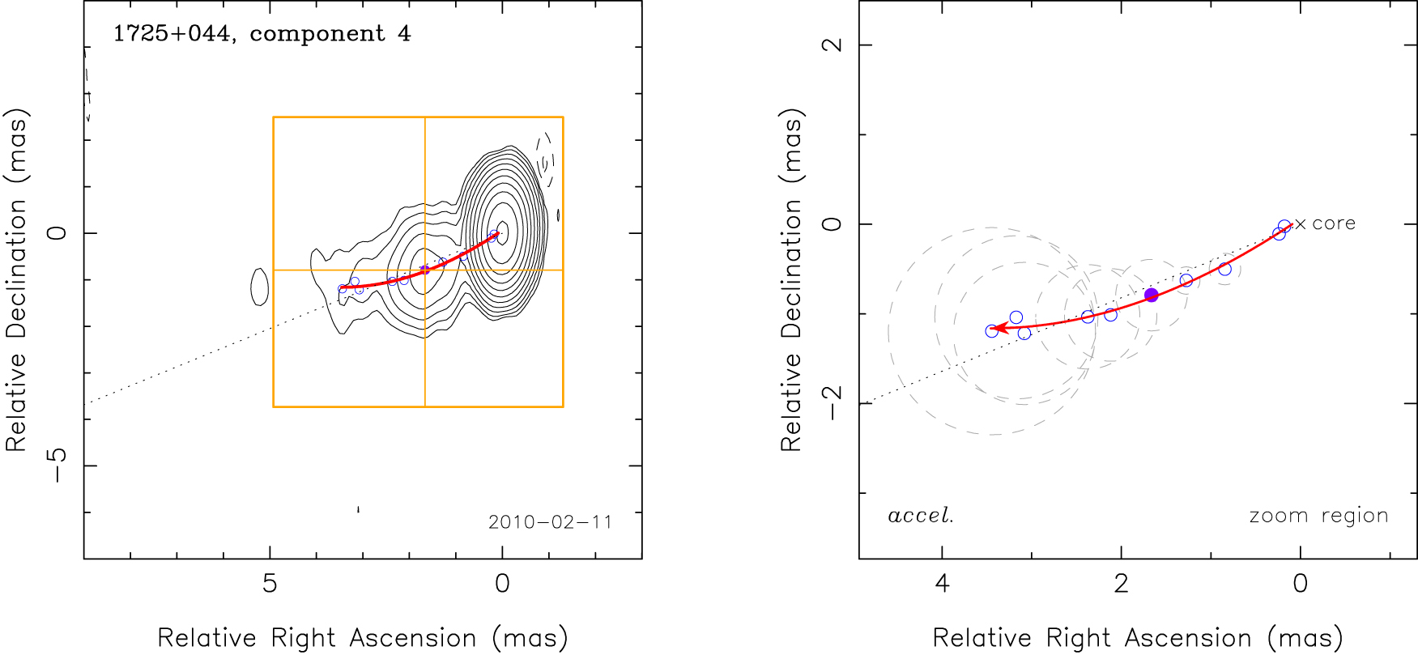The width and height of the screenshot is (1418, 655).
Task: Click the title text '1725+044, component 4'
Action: pyautogui.click(x=262, y=34)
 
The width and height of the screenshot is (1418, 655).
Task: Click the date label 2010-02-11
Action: pyautogui.click(x=550, y=522)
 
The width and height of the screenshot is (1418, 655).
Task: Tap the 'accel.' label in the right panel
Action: pyautogui.click(x=921, y=516)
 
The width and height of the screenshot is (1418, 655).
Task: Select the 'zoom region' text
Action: pyautogui.click(x=1318, y=516)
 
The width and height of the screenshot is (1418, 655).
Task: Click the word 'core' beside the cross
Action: pyautogui.click(x=1334, y=223)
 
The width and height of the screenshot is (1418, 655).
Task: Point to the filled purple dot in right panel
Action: pyautogui.click(x=1151, y=296)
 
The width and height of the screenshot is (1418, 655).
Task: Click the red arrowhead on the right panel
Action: pyautogui.click(x=999, y=328)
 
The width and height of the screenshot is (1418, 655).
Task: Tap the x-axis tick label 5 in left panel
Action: pyautogui.click(x=270, y=584)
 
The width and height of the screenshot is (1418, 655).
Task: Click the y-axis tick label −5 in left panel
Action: pyautogui.click(x=57, y=466)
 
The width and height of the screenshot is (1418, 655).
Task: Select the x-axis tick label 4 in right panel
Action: pyautogui.click(x=942, y=584)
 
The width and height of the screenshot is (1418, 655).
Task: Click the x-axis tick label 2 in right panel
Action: pyautogui.click(x=1121, y=584)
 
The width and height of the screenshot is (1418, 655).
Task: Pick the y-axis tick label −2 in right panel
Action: pyautogui.click(x=832, y=402)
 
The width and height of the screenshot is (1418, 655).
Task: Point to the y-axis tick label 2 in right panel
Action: pyautogui.click(x=832, y=45)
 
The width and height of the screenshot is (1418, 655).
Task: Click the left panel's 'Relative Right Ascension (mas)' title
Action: pyautogui.click(x=362, y=638)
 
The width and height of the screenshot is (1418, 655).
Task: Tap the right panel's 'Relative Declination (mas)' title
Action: pyautogui.click(x=790, y=279)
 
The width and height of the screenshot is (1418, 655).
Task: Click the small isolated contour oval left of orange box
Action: pyautogui.click(x=259, y=287)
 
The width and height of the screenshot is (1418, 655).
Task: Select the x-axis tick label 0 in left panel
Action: pyautogui.click(x=502, y=584)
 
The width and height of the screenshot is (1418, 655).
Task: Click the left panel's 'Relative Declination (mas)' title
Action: pyautogui.click(x=16, y=279)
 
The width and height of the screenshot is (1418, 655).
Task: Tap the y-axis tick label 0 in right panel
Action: pyautogui.click(x=832, y=223)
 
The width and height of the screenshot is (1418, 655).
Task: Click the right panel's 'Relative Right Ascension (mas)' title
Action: pyautogui.click(x=1137, y=638)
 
